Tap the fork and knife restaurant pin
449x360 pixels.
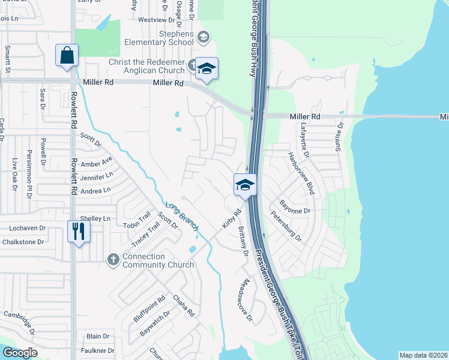(x=79, y=231)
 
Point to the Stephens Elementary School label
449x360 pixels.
(x=159, y=38)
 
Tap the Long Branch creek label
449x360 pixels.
(x=181, y=216)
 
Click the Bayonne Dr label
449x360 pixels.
(x=298, y=211)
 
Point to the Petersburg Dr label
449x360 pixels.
(x=286, y=226)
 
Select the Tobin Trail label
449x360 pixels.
(x=136, y=223)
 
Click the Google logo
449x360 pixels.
(x=20, y=353)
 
